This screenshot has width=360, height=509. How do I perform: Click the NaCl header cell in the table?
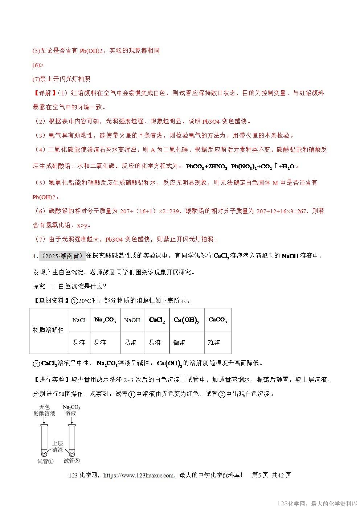[x=79, y=320]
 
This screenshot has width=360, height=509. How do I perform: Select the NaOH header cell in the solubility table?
[x=132, y=320]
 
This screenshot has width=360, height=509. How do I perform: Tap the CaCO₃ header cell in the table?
[x=218, y=320]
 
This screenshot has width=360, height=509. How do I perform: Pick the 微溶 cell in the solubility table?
[x=179, y=342]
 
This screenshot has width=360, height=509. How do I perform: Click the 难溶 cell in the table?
[x=214, y=342]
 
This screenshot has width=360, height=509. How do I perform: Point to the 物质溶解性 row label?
[x=49, y=330]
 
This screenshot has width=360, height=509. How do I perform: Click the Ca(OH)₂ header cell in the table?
[x=187, y=320]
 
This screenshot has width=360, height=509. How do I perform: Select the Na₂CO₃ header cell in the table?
[x=105, y=320]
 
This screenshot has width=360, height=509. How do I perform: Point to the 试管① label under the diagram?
[x=45, y=461]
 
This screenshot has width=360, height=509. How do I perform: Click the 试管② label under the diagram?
[x=71, y=461]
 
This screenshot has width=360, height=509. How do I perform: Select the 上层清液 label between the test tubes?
[x=58, y=447]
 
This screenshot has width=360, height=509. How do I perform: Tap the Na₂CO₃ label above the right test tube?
[x=71, y=407]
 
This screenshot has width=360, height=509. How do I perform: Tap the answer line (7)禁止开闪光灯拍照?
[x=61, y=79]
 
